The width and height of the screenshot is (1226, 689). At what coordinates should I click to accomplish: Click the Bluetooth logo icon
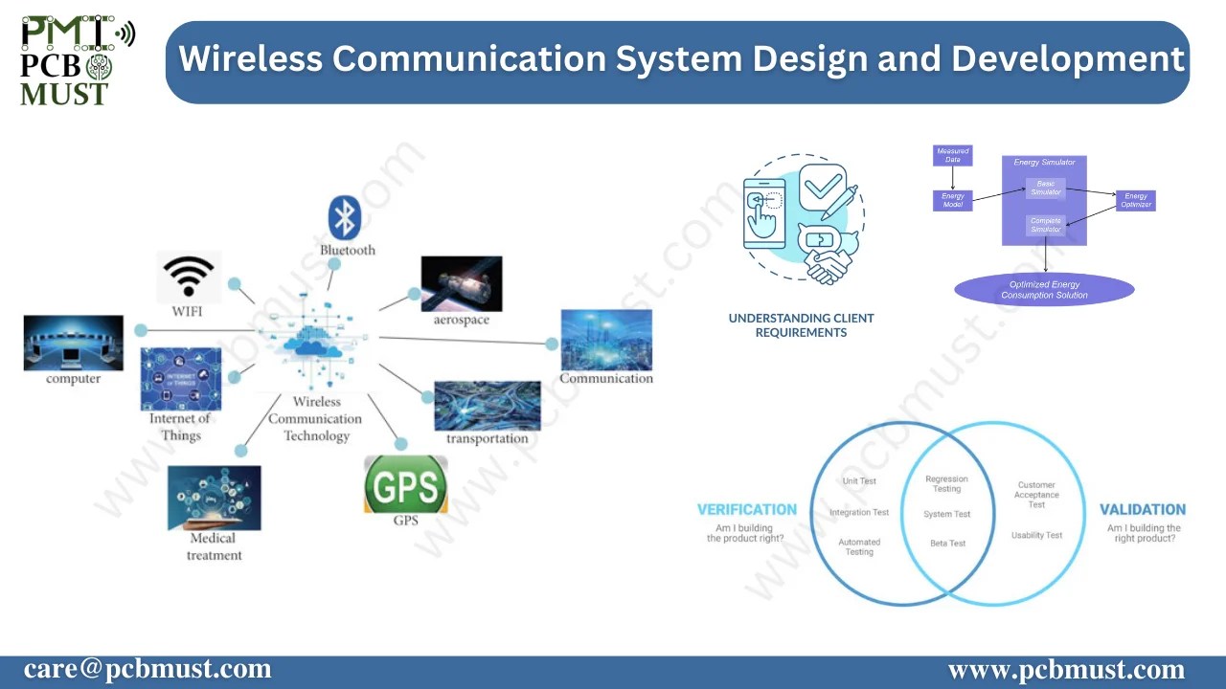(x=344, y=217)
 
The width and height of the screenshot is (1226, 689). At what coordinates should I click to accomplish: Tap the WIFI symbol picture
(x=189, y=277)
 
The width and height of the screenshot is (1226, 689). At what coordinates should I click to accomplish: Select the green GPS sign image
(x=405, y=485)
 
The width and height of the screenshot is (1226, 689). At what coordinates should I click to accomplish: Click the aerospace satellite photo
(x=461, y=283)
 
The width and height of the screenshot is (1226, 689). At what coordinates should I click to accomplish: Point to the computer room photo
(x=74, y=343)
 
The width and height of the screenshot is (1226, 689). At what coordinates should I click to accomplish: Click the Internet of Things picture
(x=180, y=379)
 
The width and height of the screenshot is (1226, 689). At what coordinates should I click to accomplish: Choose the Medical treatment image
(x=214, y=498)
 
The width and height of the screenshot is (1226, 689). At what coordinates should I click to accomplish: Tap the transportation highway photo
(x=487, y=406)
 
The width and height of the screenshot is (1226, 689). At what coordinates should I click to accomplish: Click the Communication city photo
(x=605, y=340)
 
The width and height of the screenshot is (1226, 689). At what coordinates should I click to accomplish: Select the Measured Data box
(x=952, y=155)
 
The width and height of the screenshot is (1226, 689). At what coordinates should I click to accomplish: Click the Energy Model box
(x=952, y=200)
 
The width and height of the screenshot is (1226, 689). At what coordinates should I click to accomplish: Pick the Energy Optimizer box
(x=1135, y=200)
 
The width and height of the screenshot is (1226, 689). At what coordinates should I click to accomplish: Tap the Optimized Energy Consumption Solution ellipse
(x=1044, y=290)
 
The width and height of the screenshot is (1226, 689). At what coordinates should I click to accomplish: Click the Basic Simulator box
(x=1045, y=188)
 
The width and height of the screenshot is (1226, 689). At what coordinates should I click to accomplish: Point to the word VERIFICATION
(x=746, y=510)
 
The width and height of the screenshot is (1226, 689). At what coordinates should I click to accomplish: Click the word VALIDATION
(x=1142, y=510)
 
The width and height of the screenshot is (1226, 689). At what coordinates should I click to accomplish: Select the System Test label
(x=946, y=514)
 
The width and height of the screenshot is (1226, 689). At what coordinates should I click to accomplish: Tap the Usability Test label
(x=1036, y=535)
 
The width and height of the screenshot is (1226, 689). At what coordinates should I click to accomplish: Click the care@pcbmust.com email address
(x=148, y=669)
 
